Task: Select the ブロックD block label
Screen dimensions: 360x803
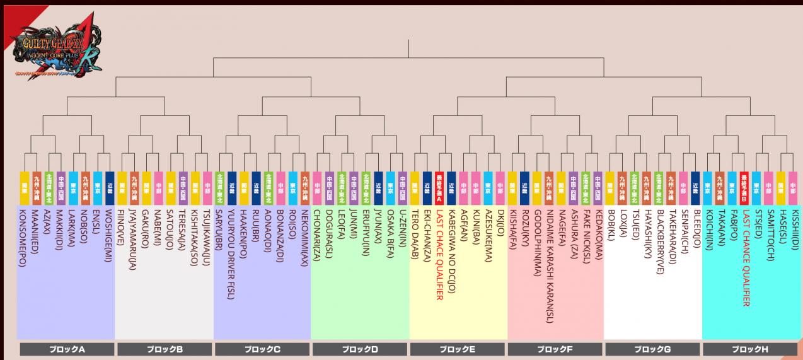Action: [359, 349]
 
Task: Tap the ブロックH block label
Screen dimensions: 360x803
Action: [749, 349]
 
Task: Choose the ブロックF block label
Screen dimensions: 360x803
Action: [554, 349]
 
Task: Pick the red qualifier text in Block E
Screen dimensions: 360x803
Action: [439, 252]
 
